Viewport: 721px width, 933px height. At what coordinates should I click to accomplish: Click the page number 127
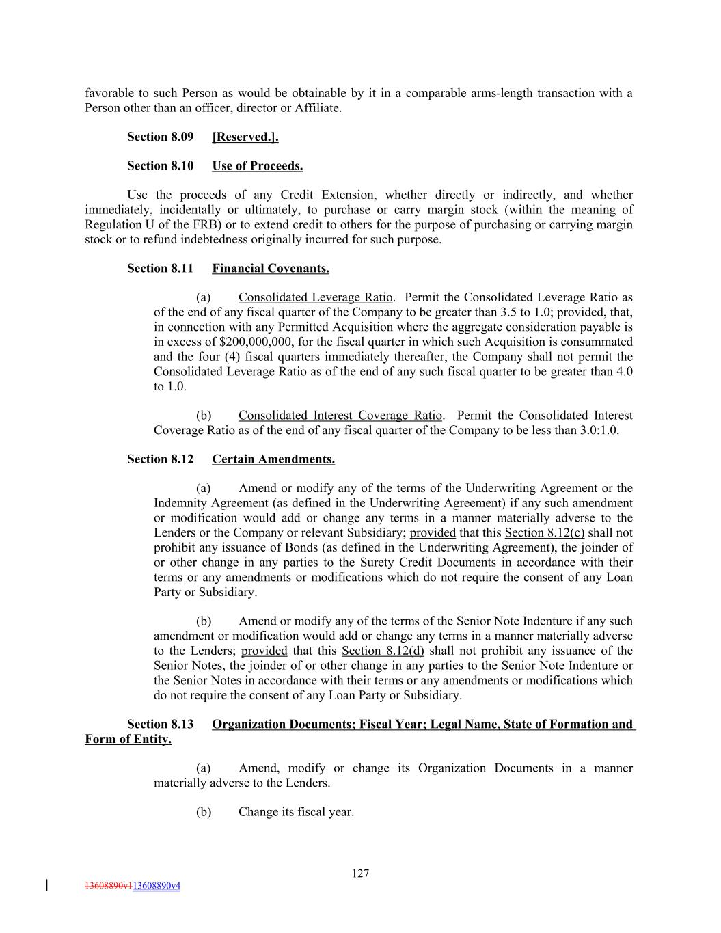[x=361, y=873]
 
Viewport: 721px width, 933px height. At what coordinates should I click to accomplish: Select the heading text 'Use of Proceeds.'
[x=257, y=166]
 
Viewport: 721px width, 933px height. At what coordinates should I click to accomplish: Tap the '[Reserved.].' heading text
[x=245, y=137]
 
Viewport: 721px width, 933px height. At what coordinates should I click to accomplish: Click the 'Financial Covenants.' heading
[x=271, y=269]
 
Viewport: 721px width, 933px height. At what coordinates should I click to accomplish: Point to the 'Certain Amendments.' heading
[x=273, y=459]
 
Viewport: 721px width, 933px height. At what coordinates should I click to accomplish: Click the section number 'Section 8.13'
[x=161, y=725]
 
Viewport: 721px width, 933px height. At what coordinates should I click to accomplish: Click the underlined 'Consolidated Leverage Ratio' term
[x=316, y=297]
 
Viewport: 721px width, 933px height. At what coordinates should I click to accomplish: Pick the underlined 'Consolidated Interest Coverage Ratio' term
[x=340, y=416]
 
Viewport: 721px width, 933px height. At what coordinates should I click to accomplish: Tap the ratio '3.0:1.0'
[x=597, y=430]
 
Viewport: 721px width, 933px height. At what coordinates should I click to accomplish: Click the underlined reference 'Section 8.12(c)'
[x=545, y=533]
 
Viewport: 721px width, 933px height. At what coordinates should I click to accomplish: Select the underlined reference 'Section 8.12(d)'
[x=383, y=651]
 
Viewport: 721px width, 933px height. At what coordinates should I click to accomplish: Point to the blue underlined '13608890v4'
[x=157, y=886]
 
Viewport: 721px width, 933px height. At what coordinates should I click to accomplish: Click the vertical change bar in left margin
[x=46, y=885]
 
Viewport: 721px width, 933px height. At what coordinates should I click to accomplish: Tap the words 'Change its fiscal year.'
[x=296, y=812]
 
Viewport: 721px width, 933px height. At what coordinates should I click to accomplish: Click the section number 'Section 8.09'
[x=161, y=137]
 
